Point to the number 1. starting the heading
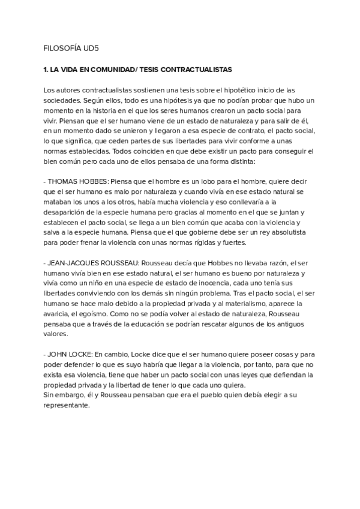click(x=46, y=70)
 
